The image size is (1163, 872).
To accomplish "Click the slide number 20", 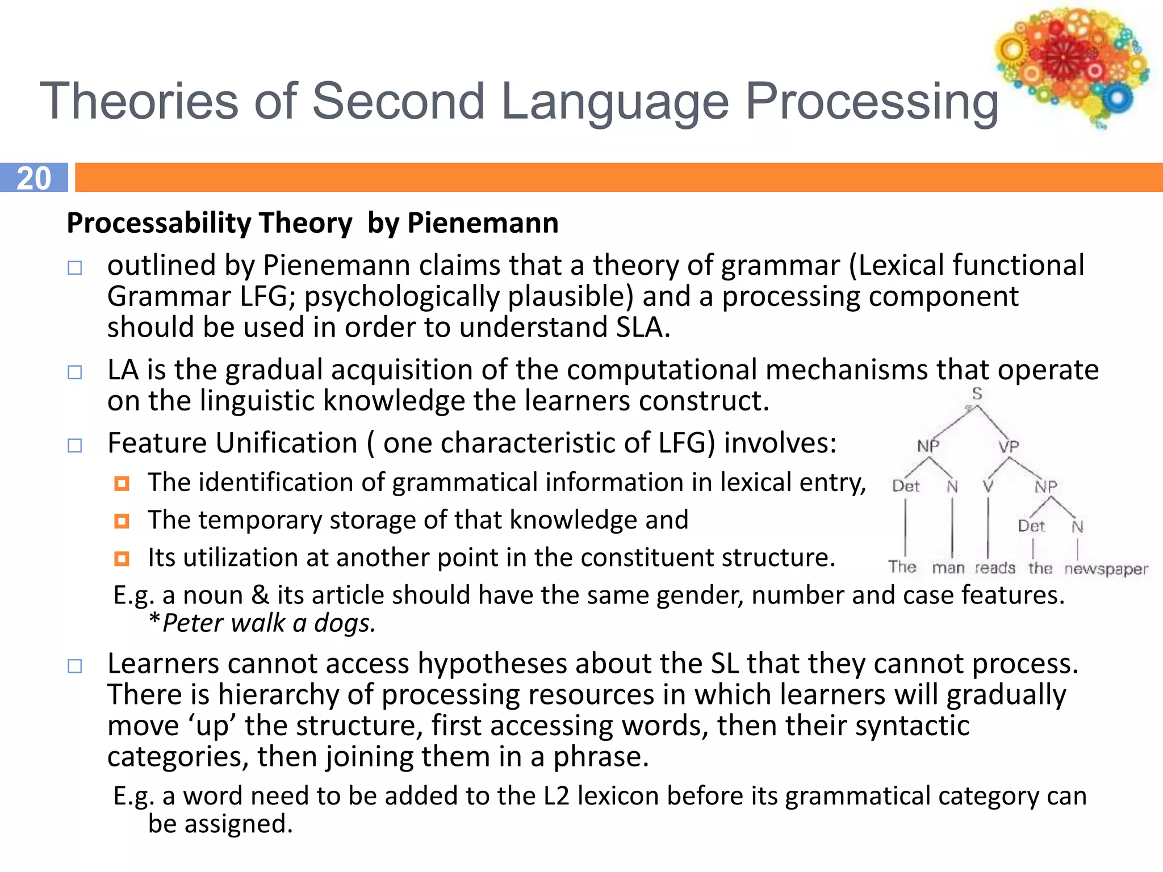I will (x=34, y=178).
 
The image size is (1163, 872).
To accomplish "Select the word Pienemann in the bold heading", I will (x=483, y=223).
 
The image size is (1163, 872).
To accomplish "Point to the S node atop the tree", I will (x=977, y=393).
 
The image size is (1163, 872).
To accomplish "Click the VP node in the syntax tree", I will (x=1009, y=447).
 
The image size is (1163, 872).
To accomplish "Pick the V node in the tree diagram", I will (x=988, y=487).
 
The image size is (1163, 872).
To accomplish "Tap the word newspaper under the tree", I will (x=1106, y=569).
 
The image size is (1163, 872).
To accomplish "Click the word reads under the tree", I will (x=995, y=568).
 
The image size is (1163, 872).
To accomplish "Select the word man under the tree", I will (x=948, y=568).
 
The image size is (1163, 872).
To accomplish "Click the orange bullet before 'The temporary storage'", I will (x=122, y=521).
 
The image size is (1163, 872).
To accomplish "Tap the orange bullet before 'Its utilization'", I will (x=122, y=559).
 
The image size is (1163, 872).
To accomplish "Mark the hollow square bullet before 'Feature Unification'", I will (x=75, y=445).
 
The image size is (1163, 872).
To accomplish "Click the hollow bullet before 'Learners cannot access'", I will (x=75, y=666).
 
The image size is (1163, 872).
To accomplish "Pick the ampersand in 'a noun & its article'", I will (x=260, y=595).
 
